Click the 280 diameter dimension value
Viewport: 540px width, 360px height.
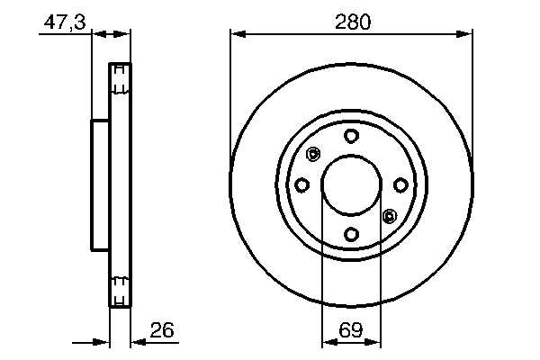353,22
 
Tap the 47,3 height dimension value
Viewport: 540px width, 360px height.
65,22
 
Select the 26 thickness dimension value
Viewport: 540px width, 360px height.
162,329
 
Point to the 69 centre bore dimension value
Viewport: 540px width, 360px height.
351,329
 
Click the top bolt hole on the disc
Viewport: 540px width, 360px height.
351,136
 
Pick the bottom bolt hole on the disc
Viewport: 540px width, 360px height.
351,235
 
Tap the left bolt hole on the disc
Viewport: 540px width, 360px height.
301,185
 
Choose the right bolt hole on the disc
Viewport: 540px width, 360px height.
400,185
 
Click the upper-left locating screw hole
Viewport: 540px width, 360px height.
313,154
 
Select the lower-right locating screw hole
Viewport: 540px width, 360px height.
389,216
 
